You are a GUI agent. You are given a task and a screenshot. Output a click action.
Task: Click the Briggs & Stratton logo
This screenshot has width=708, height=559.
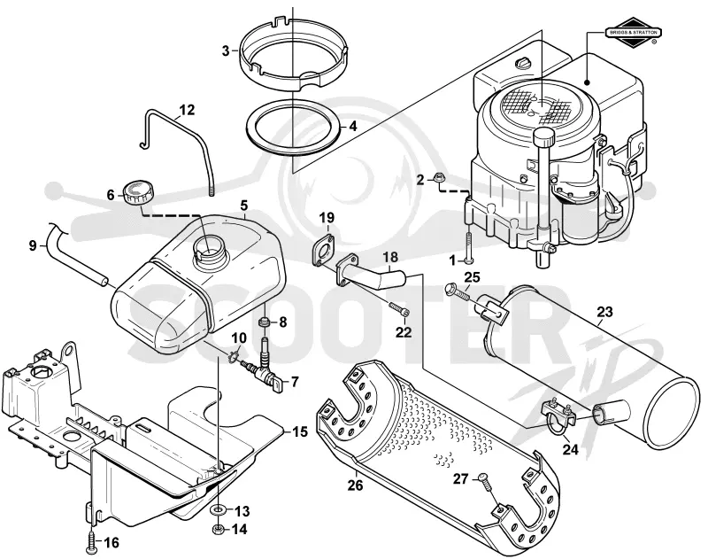pos(634,32)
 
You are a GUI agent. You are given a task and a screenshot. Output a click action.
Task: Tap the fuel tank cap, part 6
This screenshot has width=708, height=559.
pos(138,192)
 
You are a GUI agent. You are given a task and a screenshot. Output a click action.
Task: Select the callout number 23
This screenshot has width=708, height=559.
pos(604,312)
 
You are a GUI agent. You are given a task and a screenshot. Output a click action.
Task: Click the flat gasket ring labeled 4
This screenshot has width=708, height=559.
pos(293,124)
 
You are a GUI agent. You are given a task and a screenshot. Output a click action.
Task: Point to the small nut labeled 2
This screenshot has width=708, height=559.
pos(437,178)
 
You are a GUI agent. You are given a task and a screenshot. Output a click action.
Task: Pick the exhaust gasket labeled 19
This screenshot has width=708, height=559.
pos(323,248)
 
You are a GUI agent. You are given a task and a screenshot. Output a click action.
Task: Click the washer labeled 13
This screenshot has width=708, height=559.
pos(219,510)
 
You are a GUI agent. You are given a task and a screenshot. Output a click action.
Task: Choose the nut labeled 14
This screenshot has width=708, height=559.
pos(218,528)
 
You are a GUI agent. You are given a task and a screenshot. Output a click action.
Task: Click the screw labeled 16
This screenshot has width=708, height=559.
pos(91,541)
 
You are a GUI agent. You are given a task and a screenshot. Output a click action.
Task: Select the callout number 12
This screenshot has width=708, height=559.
pos(186,110)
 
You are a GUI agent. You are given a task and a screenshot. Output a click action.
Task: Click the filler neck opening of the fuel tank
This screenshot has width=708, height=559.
pos(209,250)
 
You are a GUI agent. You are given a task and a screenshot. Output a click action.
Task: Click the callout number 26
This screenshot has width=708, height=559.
pos(355,485)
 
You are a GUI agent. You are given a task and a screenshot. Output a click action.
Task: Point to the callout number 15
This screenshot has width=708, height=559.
pos(300,431)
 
